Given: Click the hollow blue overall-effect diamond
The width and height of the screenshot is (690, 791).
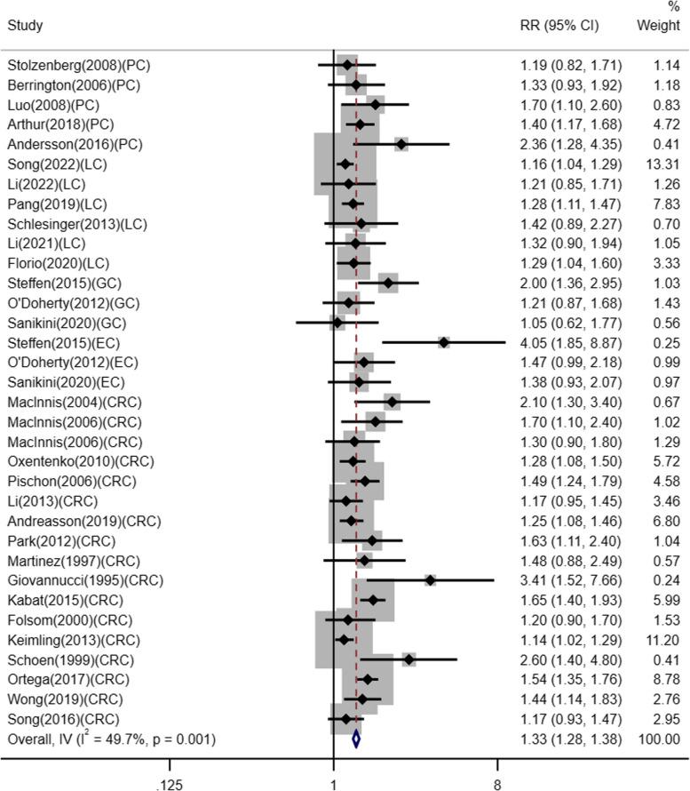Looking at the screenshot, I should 356,739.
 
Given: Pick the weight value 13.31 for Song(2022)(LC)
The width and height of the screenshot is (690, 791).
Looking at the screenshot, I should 662,164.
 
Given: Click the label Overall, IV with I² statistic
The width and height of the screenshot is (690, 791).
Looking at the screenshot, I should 112,738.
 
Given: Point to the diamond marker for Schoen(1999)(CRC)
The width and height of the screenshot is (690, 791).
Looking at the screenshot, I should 408,659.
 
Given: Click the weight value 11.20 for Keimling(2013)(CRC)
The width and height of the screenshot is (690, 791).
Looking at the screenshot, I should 662,640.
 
